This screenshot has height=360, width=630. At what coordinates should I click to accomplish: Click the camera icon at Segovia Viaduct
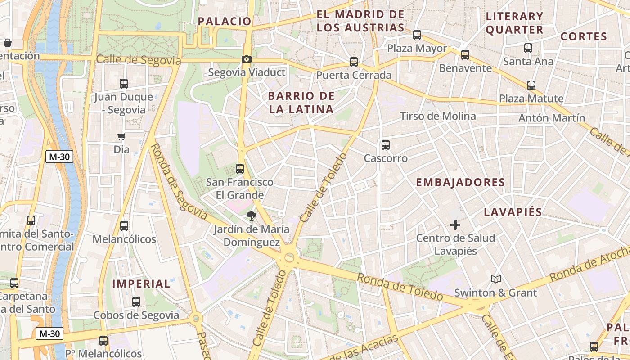tap(246, 59)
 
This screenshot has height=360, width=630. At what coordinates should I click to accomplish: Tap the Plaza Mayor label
tap(417, 48)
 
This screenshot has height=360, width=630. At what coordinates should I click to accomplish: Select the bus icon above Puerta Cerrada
tap(354, 62)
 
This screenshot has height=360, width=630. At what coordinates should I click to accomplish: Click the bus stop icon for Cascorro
tap(386, 145)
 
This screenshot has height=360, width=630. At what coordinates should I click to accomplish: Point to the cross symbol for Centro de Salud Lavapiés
tap(455, 225)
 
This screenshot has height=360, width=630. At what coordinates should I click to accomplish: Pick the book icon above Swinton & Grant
tap(495, 279)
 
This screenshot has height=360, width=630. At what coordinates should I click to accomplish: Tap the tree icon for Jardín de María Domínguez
tap(251, 216)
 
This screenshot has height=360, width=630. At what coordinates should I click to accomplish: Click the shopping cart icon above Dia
tap(121, 136)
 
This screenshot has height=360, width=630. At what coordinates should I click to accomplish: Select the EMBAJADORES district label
tap(460, 182)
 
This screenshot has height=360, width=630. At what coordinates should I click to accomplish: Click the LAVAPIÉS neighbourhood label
tap(513, 212)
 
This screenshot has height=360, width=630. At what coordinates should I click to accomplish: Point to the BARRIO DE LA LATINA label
tap(301, 103)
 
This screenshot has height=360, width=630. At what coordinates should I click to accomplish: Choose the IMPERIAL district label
tap(141, 283)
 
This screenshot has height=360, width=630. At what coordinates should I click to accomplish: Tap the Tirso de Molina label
tap(437, 116)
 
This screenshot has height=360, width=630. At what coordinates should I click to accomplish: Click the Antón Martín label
tap(552, 118)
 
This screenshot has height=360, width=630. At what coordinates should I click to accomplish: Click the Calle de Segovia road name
tap(138, 60)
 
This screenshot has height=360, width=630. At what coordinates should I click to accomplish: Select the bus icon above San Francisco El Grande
tap(240, 169)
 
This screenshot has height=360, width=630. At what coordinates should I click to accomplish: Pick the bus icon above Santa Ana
tap(528, 48)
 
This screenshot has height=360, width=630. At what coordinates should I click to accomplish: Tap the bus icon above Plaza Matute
tap(531, 85)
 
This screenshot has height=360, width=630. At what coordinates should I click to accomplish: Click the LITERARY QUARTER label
tap(514, 23)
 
